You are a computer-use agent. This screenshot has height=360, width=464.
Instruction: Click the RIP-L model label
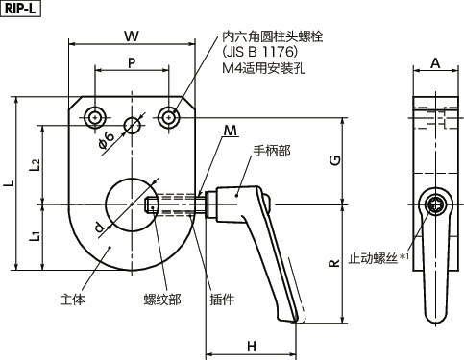pos(20,10)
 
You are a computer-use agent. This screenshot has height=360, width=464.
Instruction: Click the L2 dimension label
pos(35,164)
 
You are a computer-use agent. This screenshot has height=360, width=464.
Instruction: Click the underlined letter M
pos(231,130)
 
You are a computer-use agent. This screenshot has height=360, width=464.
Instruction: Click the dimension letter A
pos(435,63)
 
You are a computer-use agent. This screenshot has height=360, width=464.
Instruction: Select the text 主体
pos(72,299)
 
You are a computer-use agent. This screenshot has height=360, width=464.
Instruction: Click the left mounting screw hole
pos(94,117)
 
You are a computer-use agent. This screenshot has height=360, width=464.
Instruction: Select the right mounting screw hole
pos(170,117)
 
